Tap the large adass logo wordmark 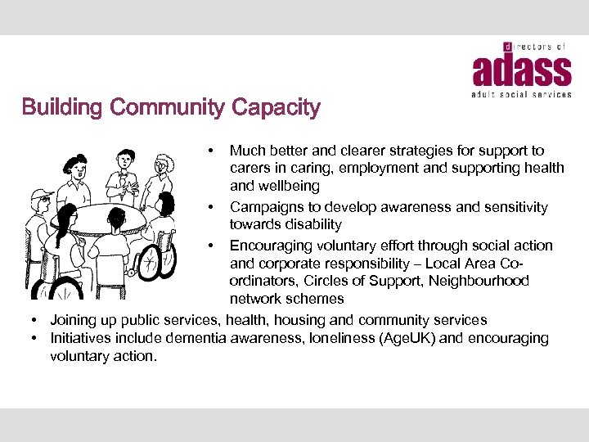pos(522,72)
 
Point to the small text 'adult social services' pos(522,95)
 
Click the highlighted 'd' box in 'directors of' pos(507,47)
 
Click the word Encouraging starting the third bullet pos(274,246)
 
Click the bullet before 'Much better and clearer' pos(211,151)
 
